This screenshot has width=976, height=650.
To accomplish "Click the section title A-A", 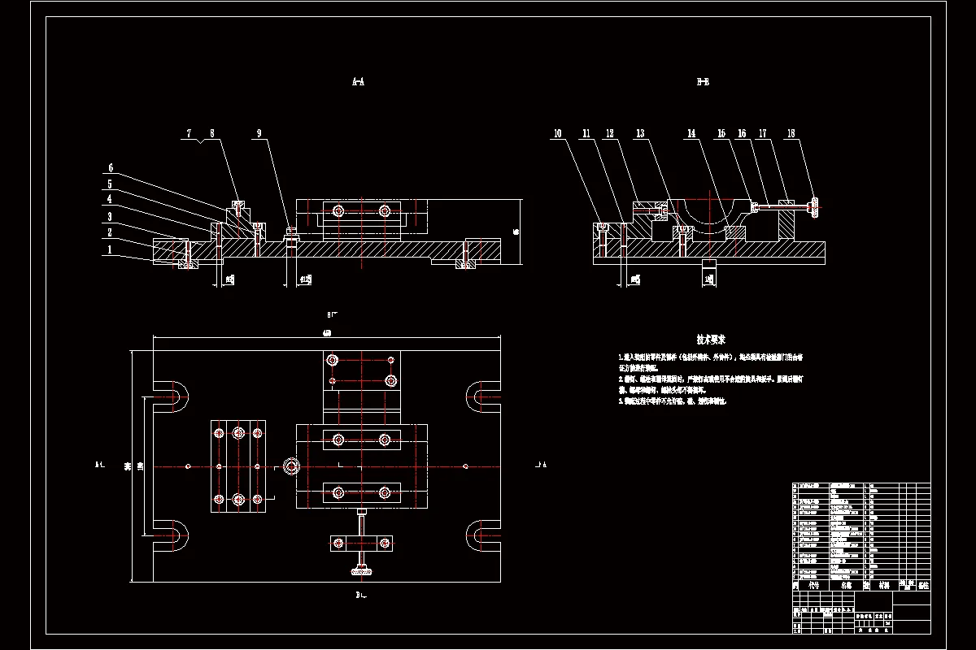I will pyautogui.click(x=357, y=82).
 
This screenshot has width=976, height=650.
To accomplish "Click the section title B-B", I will pyautogui.click(x=703, y=82).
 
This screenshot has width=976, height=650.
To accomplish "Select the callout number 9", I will pyautogui.click(x=259, y=133).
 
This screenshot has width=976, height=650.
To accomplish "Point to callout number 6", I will pyautogui.click(x=111, y=168).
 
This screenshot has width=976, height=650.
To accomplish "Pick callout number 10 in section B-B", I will pyautogui.click(x=558, y=133).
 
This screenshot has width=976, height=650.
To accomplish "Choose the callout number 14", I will pyautogui.click(x=691, y=133).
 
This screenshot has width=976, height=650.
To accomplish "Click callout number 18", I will pyautogui.click(x=791, y=133).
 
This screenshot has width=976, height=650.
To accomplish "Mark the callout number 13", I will pyautogui.click(x=640, y=133).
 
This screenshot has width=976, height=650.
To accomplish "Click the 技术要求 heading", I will pyautogui.click(x=711, y=339).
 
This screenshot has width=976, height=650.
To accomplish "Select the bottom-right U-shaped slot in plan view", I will pyautogui.click(x=483, y=536).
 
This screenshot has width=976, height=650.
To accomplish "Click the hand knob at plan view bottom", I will pyautogui.click(x=362, y=574).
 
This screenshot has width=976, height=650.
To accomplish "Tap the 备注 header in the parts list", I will pyautogui.click(x=922, y=585).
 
